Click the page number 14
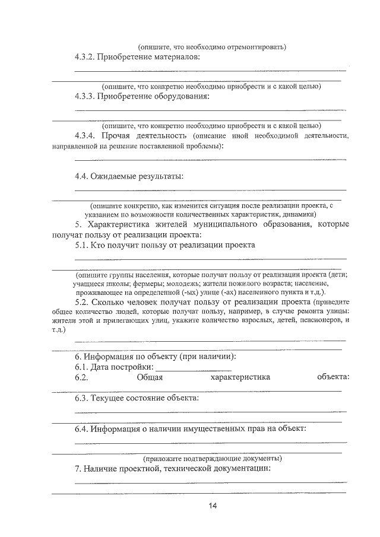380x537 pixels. tap(213, 506)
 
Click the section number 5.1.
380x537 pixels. tap(81, 244)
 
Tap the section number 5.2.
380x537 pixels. tap(81, 301)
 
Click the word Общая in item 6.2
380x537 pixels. tap(150, 377)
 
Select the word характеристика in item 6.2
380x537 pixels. tap(240, 377)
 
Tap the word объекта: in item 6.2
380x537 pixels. tap(333, 377)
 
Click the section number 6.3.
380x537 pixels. tap(81, 398)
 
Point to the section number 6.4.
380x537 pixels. tap(81, 428)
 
